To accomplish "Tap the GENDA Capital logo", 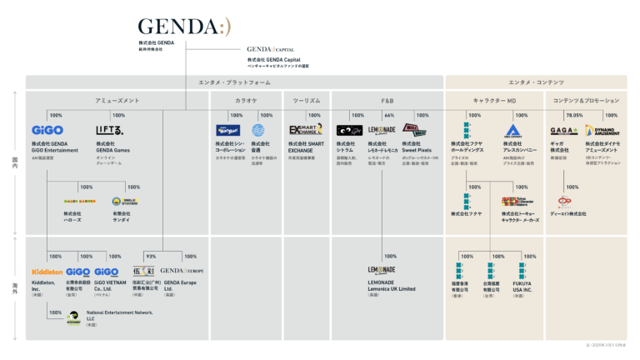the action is (x=271, y=49).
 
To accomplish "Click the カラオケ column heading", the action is (x=246, y=100).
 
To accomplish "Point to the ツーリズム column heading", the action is (x=307, y=100).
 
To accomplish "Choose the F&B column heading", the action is (x=387, y=100).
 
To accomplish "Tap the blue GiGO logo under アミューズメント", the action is (x=47, y=130).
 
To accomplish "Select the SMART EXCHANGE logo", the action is (x=306, y=130).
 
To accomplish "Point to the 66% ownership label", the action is (x=389, y=115).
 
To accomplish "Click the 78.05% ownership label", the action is (x=574, y=115).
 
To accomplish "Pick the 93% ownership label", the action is (x=151, y=256).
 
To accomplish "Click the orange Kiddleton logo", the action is (x=47, y=272).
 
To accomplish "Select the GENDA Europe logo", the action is (x=182, y=272).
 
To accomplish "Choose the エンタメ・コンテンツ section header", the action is (x=536, y=82).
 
